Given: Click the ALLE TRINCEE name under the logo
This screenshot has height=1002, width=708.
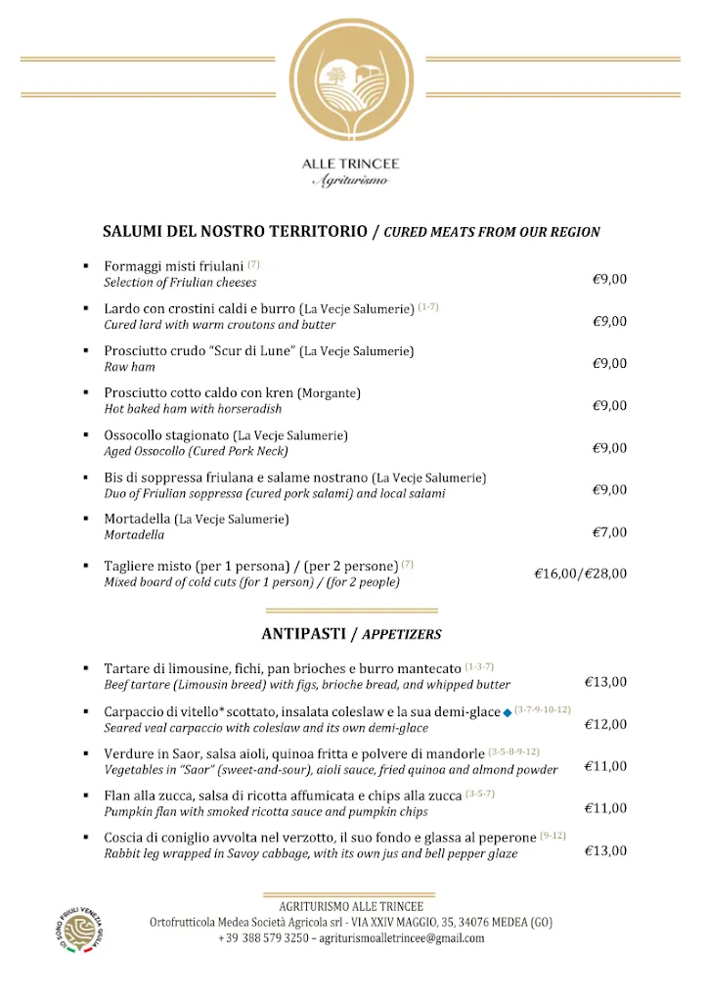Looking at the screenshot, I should pyautogui.click(x=351, y=163).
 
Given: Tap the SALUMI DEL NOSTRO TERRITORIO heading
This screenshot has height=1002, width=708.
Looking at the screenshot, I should pyautogui.click(x=236, y=232).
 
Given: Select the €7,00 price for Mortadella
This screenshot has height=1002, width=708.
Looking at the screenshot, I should pyautogui.click(x=609, y=532).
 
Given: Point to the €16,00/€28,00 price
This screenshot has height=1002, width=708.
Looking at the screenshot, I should pyautogui.click(x=580, y=574).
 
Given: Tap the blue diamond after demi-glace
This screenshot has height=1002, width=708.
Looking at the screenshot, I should pyautogui.click(x=508, y=713).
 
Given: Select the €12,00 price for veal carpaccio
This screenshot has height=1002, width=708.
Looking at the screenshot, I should pyautogui.click(x=605, y=724).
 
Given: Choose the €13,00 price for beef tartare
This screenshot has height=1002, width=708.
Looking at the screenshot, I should pyautogui.click(x=605, y=682).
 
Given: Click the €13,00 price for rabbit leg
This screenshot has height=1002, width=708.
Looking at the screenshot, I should pyautogui.click(x=605, y=850).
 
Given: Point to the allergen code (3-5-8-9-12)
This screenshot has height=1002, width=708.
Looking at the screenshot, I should pyautogui.click(x=513, y=751).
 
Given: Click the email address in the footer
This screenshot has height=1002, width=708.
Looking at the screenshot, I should pyautogui.click(x=408, y=938).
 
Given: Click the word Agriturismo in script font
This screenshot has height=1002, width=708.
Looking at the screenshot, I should pyautogui.click(x=350, y=180).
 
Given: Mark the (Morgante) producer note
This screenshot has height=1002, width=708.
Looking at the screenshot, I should pyautogui.click(x=329, y=393).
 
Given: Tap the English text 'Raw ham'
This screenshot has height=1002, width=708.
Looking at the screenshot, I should pyautogui.click(x=129, y=367).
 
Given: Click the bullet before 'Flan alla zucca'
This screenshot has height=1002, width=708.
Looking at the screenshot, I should pyautogui.click(x=86, y=796).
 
